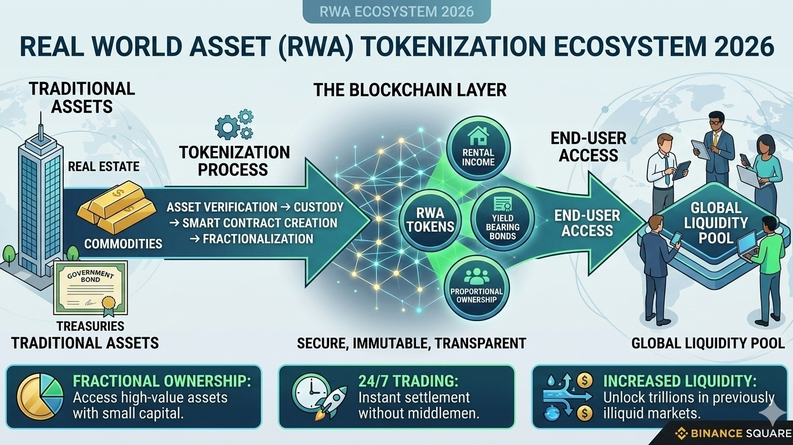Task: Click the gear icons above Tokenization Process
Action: coord(234,125)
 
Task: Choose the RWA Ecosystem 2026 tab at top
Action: coord(396,11)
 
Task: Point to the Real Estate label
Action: coord(104,167)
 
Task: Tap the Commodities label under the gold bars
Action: coord(123,244)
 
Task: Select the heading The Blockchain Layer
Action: coord(410,90)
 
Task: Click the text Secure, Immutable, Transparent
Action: coord(411,344)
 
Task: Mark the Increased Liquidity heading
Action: coord(679,381)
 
